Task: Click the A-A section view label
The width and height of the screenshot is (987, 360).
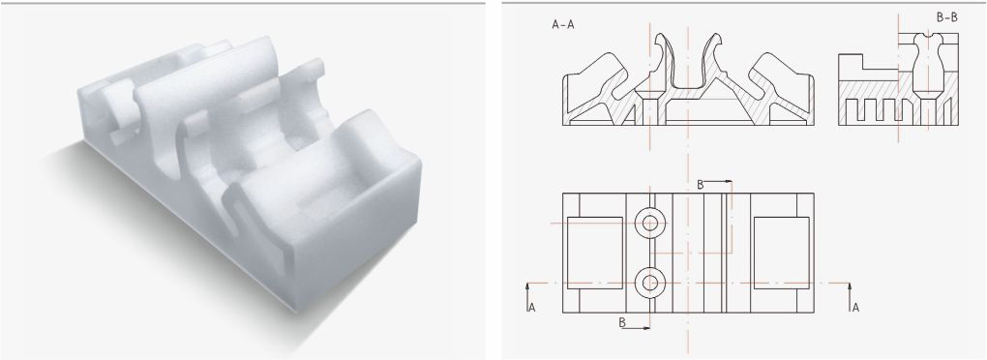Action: pos(563,24)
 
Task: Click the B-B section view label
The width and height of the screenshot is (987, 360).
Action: pos(946,17)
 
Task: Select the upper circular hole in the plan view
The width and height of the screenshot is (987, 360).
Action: pos(650,223)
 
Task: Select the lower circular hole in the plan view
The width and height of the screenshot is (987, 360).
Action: pos(650,283)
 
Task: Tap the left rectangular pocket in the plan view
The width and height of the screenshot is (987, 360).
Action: pos(595,253)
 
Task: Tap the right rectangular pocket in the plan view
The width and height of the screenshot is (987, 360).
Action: pos(781,253)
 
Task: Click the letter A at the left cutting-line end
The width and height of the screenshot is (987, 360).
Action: pos(532,308)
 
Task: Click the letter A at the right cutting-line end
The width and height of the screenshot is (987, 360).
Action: pos(854,308)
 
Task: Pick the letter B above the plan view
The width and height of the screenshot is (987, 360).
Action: pos(700,185)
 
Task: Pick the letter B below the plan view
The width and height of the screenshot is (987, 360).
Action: pos(622,322)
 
